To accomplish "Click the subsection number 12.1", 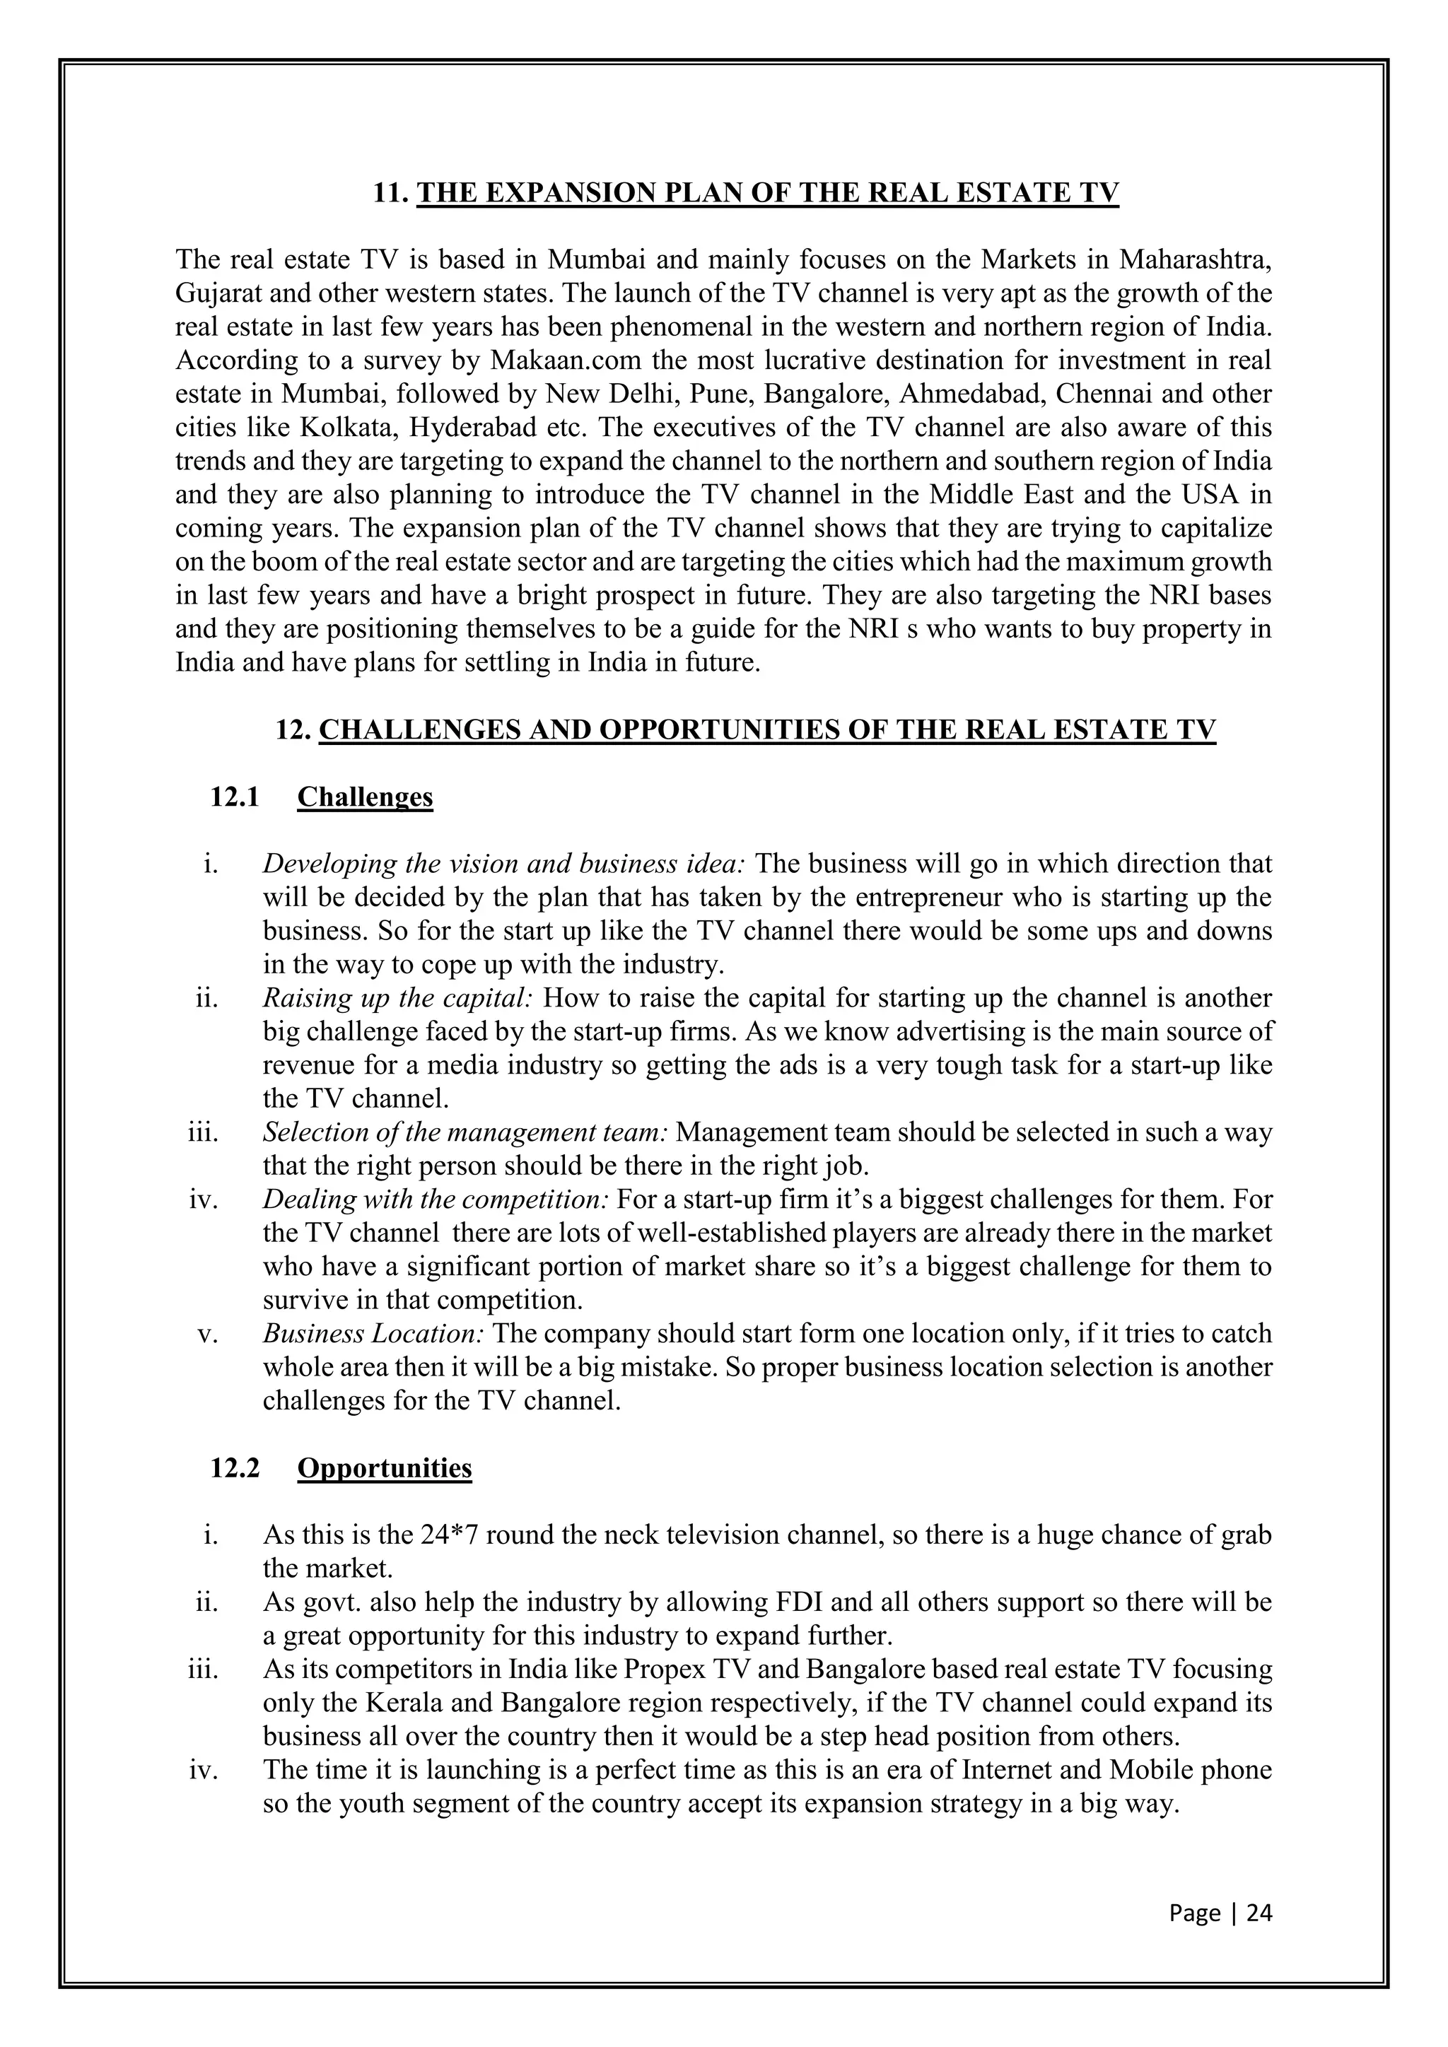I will click(x=235, y=796).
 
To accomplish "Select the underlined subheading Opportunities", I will click(x=385, y=1467).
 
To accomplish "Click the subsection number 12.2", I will click(x=235, y=1467).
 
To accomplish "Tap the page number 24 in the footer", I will click(x=1259, y=1913).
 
